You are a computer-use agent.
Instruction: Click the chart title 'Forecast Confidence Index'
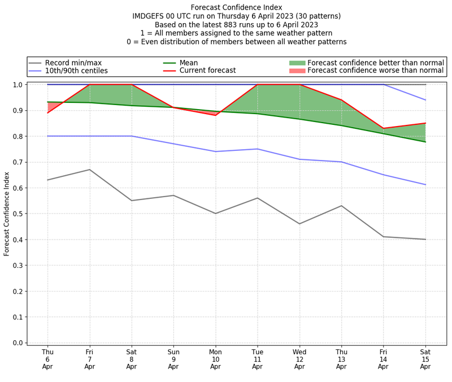236,7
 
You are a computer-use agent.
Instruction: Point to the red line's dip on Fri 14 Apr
383,128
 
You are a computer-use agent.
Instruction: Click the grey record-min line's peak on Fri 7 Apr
90,170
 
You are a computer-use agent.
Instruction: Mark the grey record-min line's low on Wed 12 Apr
299,224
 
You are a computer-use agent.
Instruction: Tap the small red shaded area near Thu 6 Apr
51,106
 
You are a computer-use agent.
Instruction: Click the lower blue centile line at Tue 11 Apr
257,149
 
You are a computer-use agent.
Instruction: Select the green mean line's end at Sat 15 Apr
425,142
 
